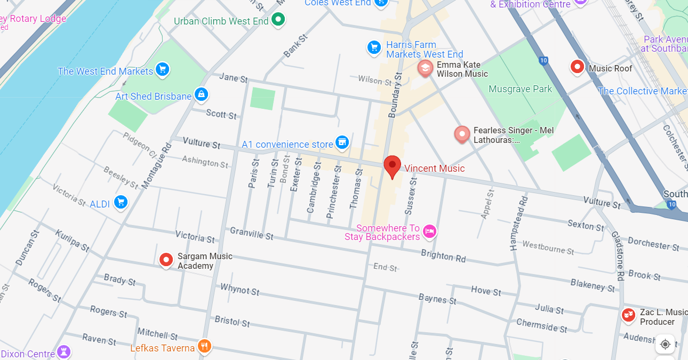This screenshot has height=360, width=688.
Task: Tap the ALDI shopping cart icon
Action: [x=121, y=203]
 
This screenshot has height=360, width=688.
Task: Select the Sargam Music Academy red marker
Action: [x=166, y=260]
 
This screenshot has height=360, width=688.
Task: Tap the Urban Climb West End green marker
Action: [x=278, y=20]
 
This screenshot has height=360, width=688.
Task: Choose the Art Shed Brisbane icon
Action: [x=201, y=95]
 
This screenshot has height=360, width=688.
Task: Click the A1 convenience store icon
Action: [x=342, y=142]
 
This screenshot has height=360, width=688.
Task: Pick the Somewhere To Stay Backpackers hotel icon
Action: [x=429, y=231]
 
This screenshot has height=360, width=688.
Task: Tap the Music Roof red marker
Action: [x=577, y=67]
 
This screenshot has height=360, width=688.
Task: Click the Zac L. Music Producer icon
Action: [x=629, y=315]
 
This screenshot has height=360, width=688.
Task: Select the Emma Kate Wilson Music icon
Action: [x=425, y=68]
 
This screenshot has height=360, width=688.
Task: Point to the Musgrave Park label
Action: [x=520, y=89]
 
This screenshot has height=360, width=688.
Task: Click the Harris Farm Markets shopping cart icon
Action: [x=374, y=47]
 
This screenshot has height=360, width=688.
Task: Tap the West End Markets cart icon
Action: [x=163, y=69]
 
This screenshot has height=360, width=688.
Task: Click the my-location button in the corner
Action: [x=665, y=344]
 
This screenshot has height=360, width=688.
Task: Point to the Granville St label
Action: [x=251, y=233]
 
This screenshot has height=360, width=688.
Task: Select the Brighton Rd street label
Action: [x=443, y=256]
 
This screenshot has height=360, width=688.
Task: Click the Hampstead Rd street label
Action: [x=518, y=223]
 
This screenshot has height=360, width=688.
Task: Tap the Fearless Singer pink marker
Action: [x=462, y=134]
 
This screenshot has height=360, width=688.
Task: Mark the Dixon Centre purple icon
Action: [x=64, y=352]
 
